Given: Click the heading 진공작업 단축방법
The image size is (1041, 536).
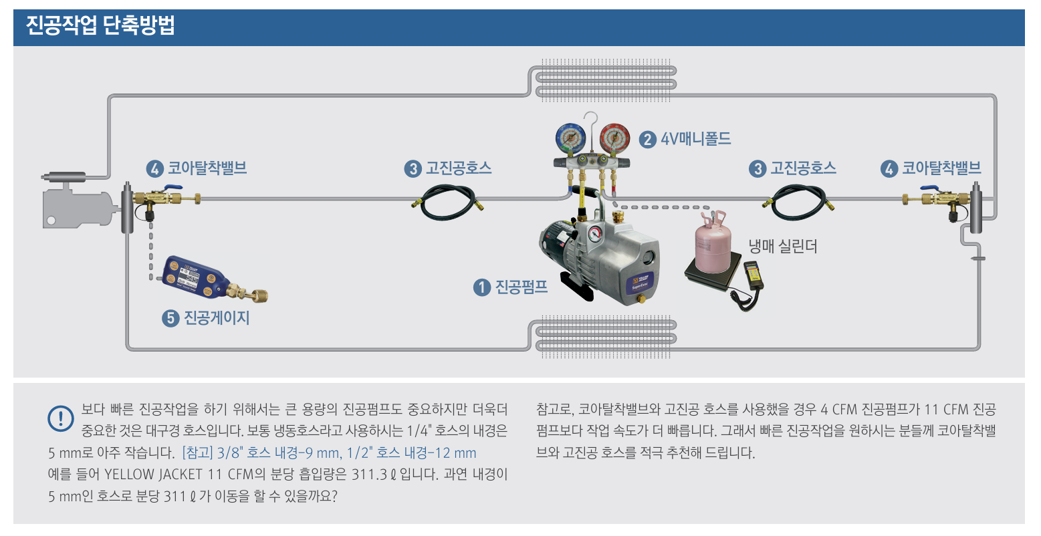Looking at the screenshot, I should coord(100,27).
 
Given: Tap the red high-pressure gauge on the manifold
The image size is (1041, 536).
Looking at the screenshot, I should coord(614,139).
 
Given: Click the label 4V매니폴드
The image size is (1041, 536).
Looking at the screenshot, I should coord(695,139).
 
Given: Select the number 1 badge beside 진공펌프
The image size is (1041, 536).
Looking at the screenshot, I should coord(481,287).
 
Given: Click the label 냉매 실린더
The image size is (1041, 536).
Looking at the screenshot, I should coord(782,246).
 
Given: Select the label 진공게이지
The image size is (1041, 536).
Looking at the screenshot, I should coord(217,317).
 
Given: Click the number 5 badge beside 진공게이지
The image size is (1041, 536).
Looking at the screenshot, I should coord(170,318).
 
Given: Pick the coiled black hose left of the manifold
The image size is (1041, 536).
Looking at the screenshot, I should coord(447,201).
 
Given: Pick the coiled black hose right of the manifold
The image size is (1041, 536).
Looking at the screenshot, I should coord(798,200).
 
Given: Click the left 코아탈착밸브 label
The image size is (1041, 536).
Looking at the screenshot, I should coord(207,168).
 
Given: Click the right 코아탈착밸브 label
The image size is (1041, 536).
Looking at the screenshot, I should coord(941,168).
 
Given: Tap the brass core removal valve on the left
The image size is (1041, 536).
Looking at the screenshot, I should coord(160,199).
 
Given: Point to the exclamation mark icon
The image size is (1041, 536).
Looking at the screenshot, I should coord(61,418).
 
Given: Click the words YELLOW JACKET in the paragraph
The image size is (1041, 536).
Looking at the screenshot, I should coord(153,475).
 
